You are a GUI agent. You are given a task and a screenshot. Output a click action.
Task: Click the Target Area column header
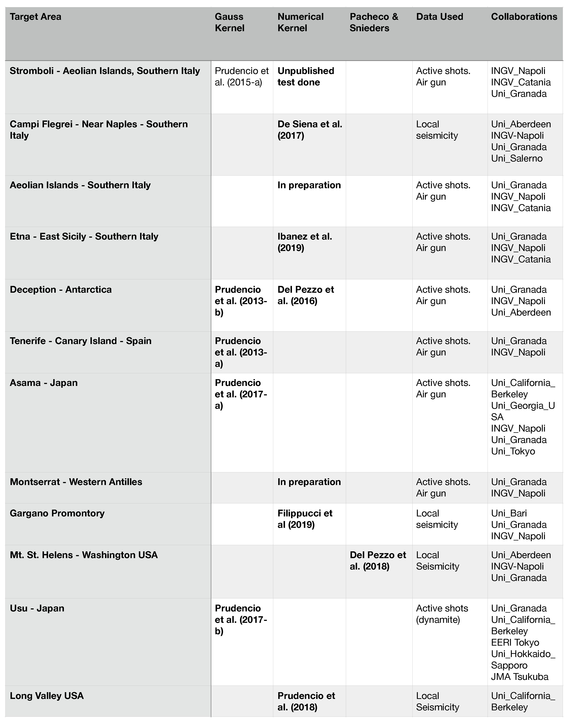tap(35, 17)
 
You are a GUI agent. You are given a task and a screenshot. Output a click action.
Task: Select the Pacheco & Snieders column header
tap(374, 22)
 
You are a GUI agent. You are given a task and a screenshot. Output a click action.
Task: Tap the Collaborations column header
tap(524, 17)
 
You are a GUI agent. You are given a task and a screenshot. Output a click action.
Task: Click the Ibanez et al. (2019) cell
tap(305, 242)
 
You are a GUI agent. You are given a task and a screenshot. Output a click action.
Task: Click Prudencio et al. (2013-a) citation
tap(241, 352)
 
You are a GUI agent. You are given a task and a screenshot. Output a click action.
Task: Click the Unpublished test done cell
tap(306, 76)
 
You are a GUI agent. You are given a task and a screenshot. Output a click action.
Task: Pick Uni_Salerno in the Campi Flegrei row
tap(517, 158)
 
